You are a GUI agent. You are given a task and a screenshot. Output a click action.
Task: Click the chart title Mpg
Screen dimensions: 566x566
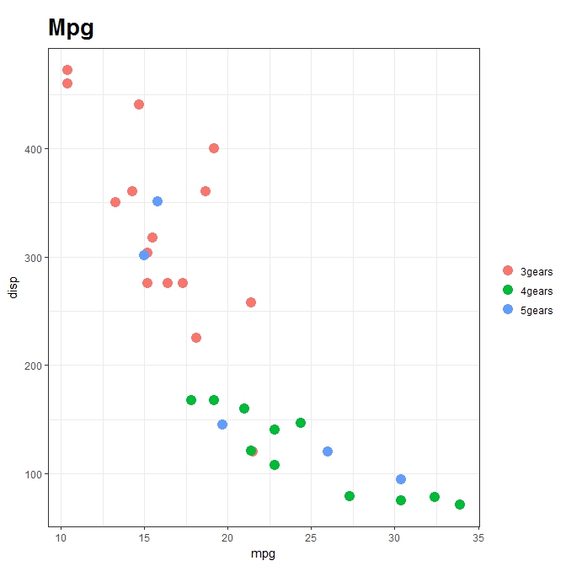coord(71,29)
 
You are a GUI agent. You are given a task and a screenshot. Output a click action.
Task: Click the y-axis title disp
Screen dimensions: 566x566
coord(13,289)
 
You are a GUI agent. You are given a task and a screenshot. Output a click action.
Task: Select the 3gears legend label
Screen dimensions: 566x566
coord(537,271)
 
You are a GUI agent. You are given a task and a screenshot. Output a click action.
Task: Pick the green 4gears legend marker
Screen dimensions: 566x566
coord(508,291)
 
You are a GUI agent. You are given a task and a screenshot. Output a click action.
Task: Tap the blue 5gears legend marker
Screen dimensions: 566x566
coord(508,310)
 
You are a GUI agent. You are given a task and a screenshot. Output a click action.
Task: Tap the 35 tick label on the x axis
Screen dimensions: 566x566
coord(478,537)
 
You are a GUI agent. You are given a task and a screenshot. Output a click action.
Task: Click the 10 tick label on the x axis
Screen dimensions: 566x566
coord(61,537)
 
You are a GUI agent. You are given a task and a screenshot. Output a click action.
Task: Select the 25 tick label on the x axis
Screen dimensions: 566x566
coord(311,537)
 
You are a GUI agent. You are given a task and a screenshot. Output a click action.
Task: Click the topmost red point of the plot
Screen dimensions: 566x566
coord(67,70)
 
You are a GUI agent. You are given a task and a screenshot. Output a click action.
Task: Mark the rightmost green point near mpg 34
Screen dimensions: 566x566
coord(460,505)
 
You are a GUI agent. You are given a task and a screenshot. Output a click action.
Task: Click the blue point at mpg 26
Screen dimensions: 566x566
coord(328,451)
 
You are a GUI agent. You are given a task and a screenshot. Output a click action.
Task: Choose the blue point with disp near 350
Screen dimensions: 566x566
coord(158,201)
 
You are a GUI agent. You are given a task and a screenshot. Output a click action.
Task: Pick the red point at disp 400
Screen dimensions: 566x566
coord(214,148)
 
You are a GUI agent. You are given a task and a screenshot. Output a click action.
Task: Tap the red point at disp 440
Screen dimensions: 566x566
coord(139,104)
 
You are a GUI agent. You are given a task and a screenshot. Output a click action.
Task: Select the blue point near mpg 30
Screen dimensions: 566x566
coord(401,479)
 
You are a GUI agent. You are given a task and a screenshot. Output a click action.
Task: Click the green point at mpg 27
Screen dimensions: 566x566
coord(350,496)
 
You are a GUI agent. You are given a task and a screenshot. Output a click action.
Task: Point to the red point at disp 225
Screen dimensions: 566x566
coord(196,338)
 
